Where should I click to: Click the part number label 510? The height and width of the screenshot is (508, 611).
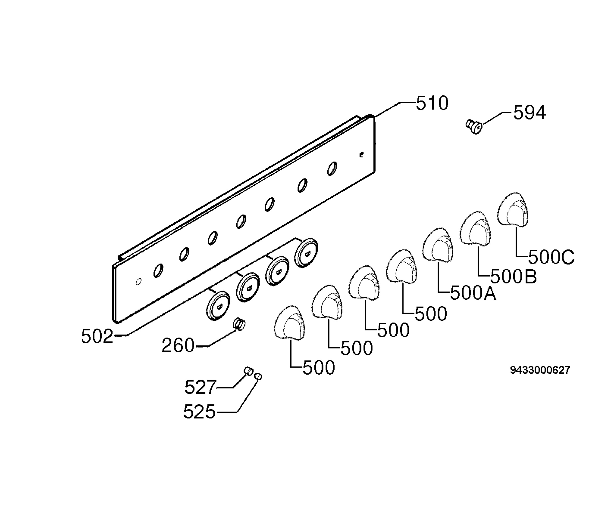[432, 103]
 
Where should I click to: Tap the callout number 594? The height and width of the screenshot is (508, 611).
[530, 113]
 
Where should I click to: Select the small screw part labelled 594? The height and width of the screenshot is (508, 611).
[474, 127]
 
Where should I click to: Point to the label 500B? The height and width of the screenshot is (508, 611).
[513, 277]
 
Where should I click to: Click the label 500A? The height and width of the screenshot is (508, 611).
[473, 293]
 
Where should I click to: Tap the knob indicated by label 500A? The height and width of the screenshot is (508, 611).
[438, 245]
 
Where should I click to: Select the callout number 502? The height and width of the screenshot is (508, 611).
[97, 337]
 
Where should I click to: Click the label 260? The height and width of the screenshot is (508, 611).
[178, 345]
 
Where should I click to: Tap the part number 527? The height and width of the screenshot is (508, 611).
[200, 387]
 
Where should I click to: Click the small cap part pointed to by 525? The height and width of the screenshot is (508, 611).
[258, 376]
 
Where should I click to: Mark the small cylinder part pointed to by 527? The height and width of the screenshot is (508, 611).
[248, 371]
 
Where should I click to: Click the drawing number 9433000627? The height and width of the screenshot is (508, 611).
[540, 370]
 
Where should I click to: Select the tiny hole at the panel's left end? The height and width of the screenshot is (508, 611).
[139, 282]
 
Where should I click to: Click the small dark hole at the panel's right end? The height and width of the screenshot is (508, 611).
[362, 154]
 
